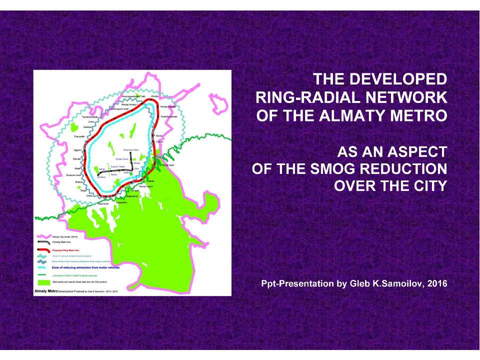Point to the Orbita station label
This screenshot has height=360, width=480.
(89, 196)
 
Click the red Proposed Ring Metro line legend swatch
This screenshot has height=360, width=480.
(42, 248)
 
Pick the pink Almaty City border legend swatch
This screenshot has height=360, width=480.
(42, 236)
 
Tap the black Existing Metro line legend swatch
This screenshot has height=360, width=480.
(42, 242)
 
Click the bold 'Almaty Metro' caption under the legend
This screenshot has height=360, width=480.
(45, 290)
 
